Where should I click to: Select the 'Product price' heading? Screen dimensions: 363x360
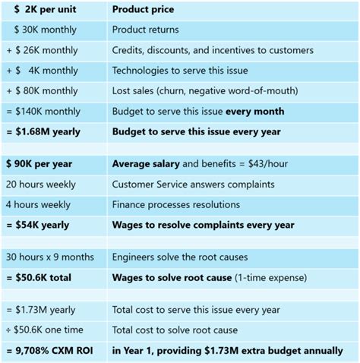pyautogui.click(x=143, y=10)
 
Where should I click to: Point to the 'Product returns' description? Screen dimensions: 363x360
pyautogui.click(x=145, y=30)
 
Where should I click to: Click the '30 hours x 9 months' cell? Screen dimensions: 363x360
pyautogui.click(x=52, y=257)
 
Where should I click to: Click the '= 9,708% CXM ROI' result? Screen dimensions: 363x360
pyautogui.click(x=52, y=351)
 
